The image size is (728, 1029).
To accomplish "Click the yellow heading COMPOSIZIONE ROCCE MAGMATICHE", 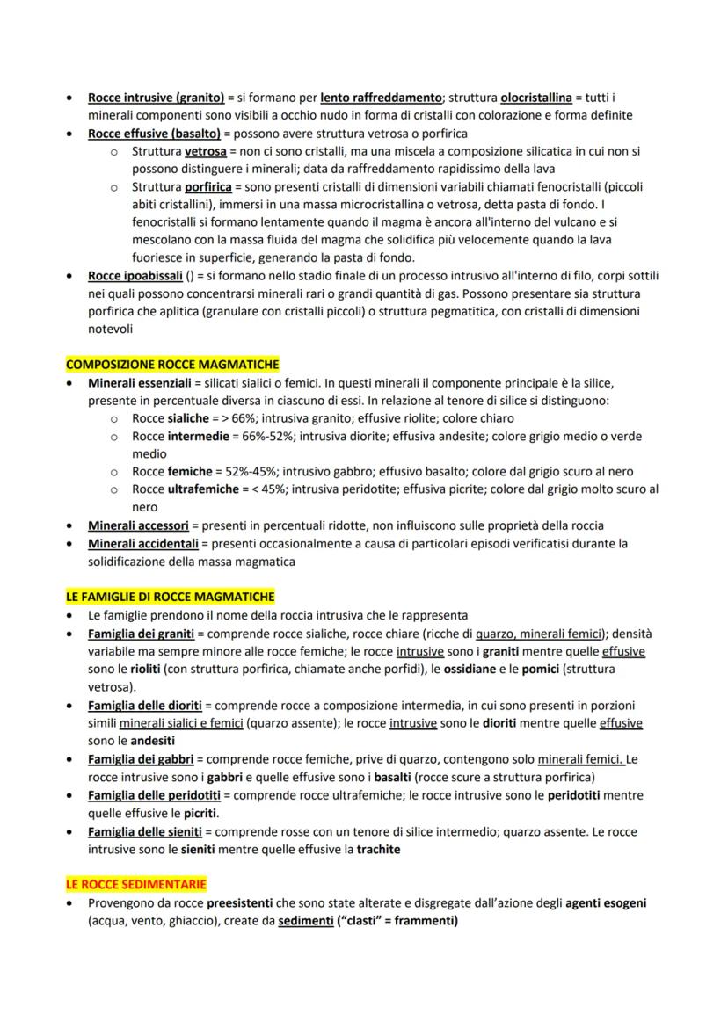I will click(x=172, y=364).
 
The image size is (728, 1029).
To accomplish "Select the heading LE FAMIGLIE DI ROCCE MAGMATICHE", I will click(x=170, y=596).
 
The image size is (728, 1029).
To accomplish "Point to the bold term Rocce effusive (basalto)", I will click(x=154, y=134).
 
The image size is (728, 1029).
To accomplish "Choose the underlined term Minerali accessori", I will click(x=138, y=525).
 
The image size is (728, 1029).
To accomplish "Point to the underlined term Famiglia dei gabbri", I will click(x=141, y=758).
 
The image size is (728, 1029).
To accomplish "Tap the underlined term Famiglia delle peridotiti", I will click(x=153, y=795).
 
